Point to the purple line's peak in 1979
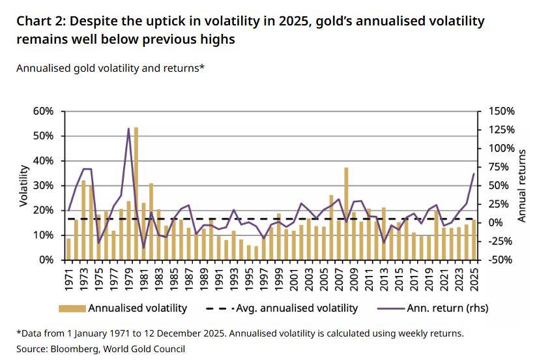point(128,128)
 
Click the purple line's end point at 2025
point(474,173)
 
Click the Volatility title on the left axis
point(24,186)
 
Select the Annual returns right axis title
point(522,186)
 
